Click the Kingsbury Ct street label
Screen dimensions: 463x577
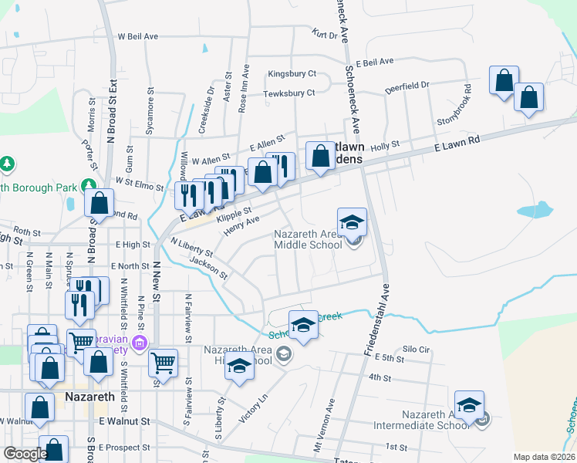click(292, 74)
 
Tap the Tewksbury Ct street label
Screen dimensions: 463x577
click(289, 93)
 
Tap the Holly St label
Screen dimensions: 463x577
click(384, 144)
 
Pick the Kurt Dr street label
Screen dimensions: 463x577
click(325, 35)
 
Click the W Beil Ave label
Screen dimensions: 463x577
click(137, 36)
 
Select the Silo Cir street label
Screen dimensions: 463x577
click(416, 349)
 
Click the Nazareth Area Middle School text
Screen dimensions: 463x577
click(309, 240)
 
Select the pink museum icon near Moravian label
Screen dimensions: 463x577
click(140, 343)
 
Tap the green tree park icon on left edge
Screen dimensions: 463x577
click(7, 164)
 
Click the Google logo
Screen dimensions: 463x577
click(25, 454)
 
